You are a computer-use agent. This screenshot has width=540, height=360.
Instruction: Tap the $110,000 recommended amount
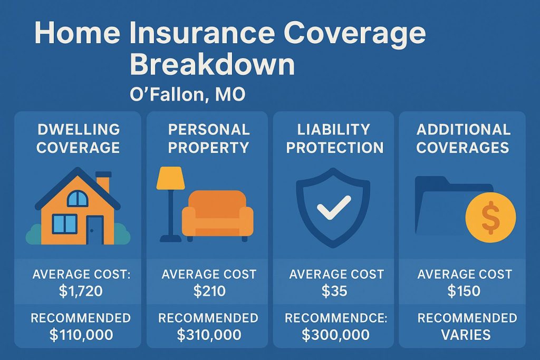[x=81, y=334]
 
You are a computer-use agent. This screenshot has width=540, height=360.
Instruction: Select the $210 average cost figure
[x=209, y=291]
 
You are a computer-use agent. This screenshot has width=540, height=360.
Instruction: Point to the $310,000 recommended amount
[x=209, y=334]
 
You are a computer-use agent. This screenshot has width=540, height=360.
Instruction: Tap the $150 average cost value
[x=464, y=291]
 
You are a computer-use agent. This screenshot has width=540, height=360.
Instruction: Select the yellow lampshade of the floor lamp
[x=169, y=179]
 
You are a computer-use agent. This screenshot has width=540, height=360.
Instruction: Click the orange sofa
[x=217, y=212]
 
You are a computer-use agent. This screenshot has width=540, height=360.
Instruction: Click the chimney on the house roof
[x=103, y=184]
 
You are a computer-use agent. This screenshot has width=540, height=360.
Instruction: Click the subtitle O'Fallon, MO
[x=187, y=95]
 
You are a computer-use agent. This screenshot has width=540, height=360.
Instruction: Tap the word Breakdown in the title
[x=212, y=65]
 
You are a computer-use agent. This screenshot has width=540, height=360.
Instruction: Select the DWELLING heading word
[x=78, y=129]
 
